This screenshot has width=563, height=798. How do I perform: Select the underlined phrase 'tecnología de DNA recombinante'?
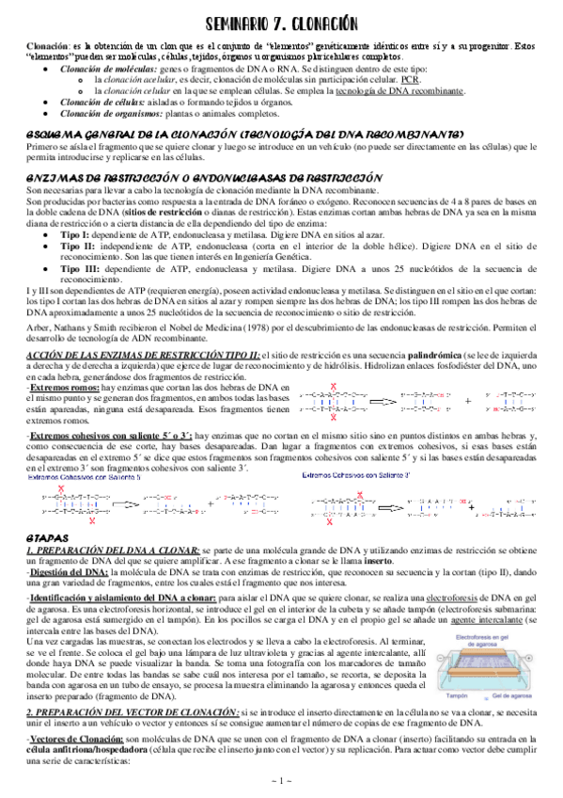(x=408, y=91)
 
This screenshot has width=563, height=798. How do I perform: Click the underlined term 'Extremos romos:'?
(x=64, y=387)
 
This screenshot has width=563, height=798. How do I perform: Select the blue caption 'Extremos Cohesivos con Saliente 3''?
(x=359, y=451)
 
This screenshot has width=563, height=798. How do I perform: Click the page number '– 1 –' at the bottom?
(x=281, y=780)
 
